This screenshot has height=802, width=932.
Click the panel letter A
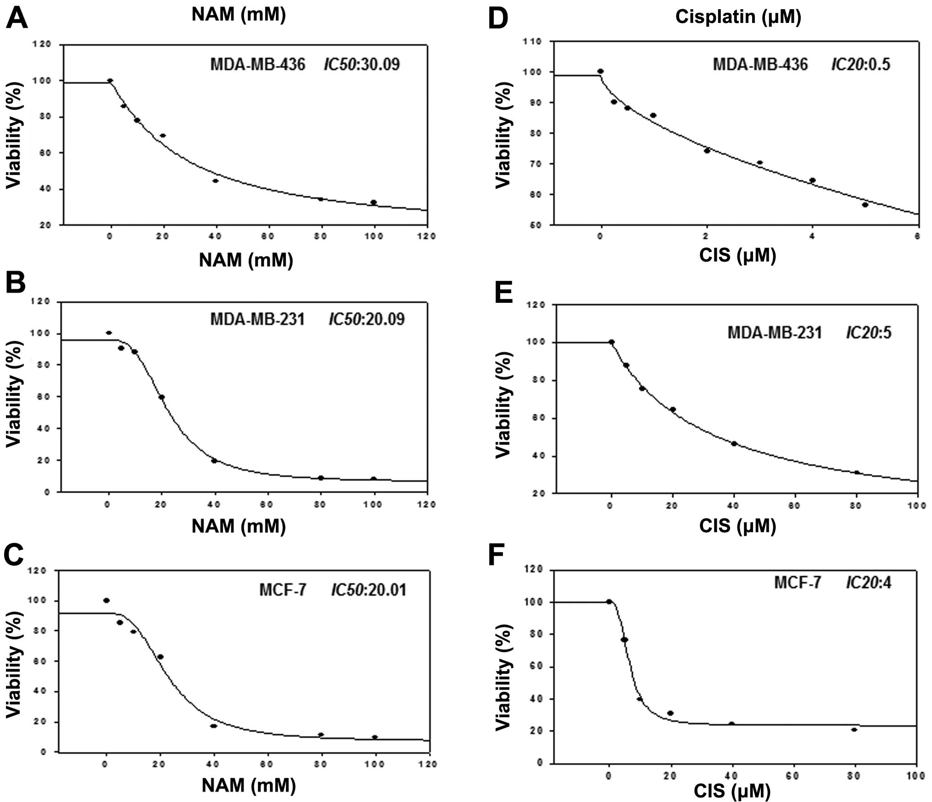point(17,20)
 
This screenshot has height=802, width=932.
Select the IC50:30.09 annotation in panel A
point(362,64)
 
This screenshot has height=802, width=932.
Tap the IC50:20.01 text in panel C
point(368,590)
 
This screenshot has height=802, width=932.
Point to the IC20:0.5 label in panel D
point(860,64)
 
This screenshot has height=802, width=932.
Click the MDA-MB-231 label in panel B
point(257,319)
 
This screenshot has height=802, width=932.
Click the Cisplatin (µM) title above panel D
point(738,17)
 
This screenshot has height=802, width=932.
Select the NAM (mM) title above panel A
point(239,14)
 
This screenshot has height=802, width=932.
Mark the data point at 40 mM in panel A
point(215,181)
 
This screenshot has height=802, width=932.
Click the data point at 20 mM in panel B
point(162,397)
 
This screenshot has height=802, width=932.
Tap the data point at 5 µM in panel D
point(865,205)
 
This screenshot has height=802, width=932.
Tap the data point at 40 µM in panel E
point(734,444)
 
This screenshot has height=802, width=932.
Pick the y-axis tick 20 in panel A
point(45,225)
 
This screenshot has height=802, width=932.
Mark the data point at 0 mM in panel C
point(106,600)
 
